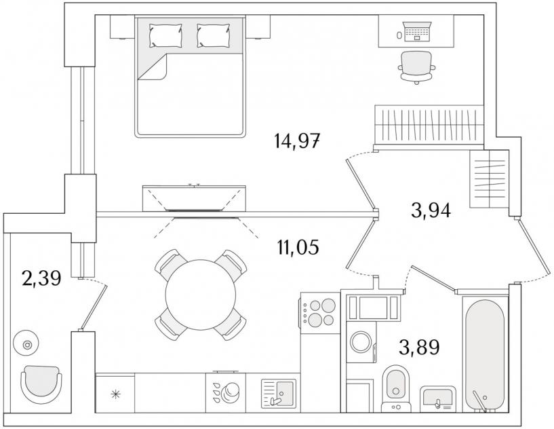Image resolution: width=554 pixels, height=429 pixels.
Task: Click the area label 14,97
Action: click(297, 142)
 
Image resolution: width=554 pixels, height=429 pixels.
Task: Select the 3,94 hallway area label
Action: click(431, 210)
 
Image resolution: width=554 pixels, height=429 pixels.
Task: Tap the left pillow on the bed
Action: click(165, 35)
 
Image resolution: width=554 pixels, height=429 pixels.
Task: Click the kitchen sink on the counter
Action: click(279, 392)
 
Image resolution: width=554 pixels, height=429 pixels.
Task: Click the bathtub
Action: click(484, 353)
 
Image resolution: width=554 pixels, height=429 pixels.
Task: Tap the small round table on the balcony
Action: click(28, 345)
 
